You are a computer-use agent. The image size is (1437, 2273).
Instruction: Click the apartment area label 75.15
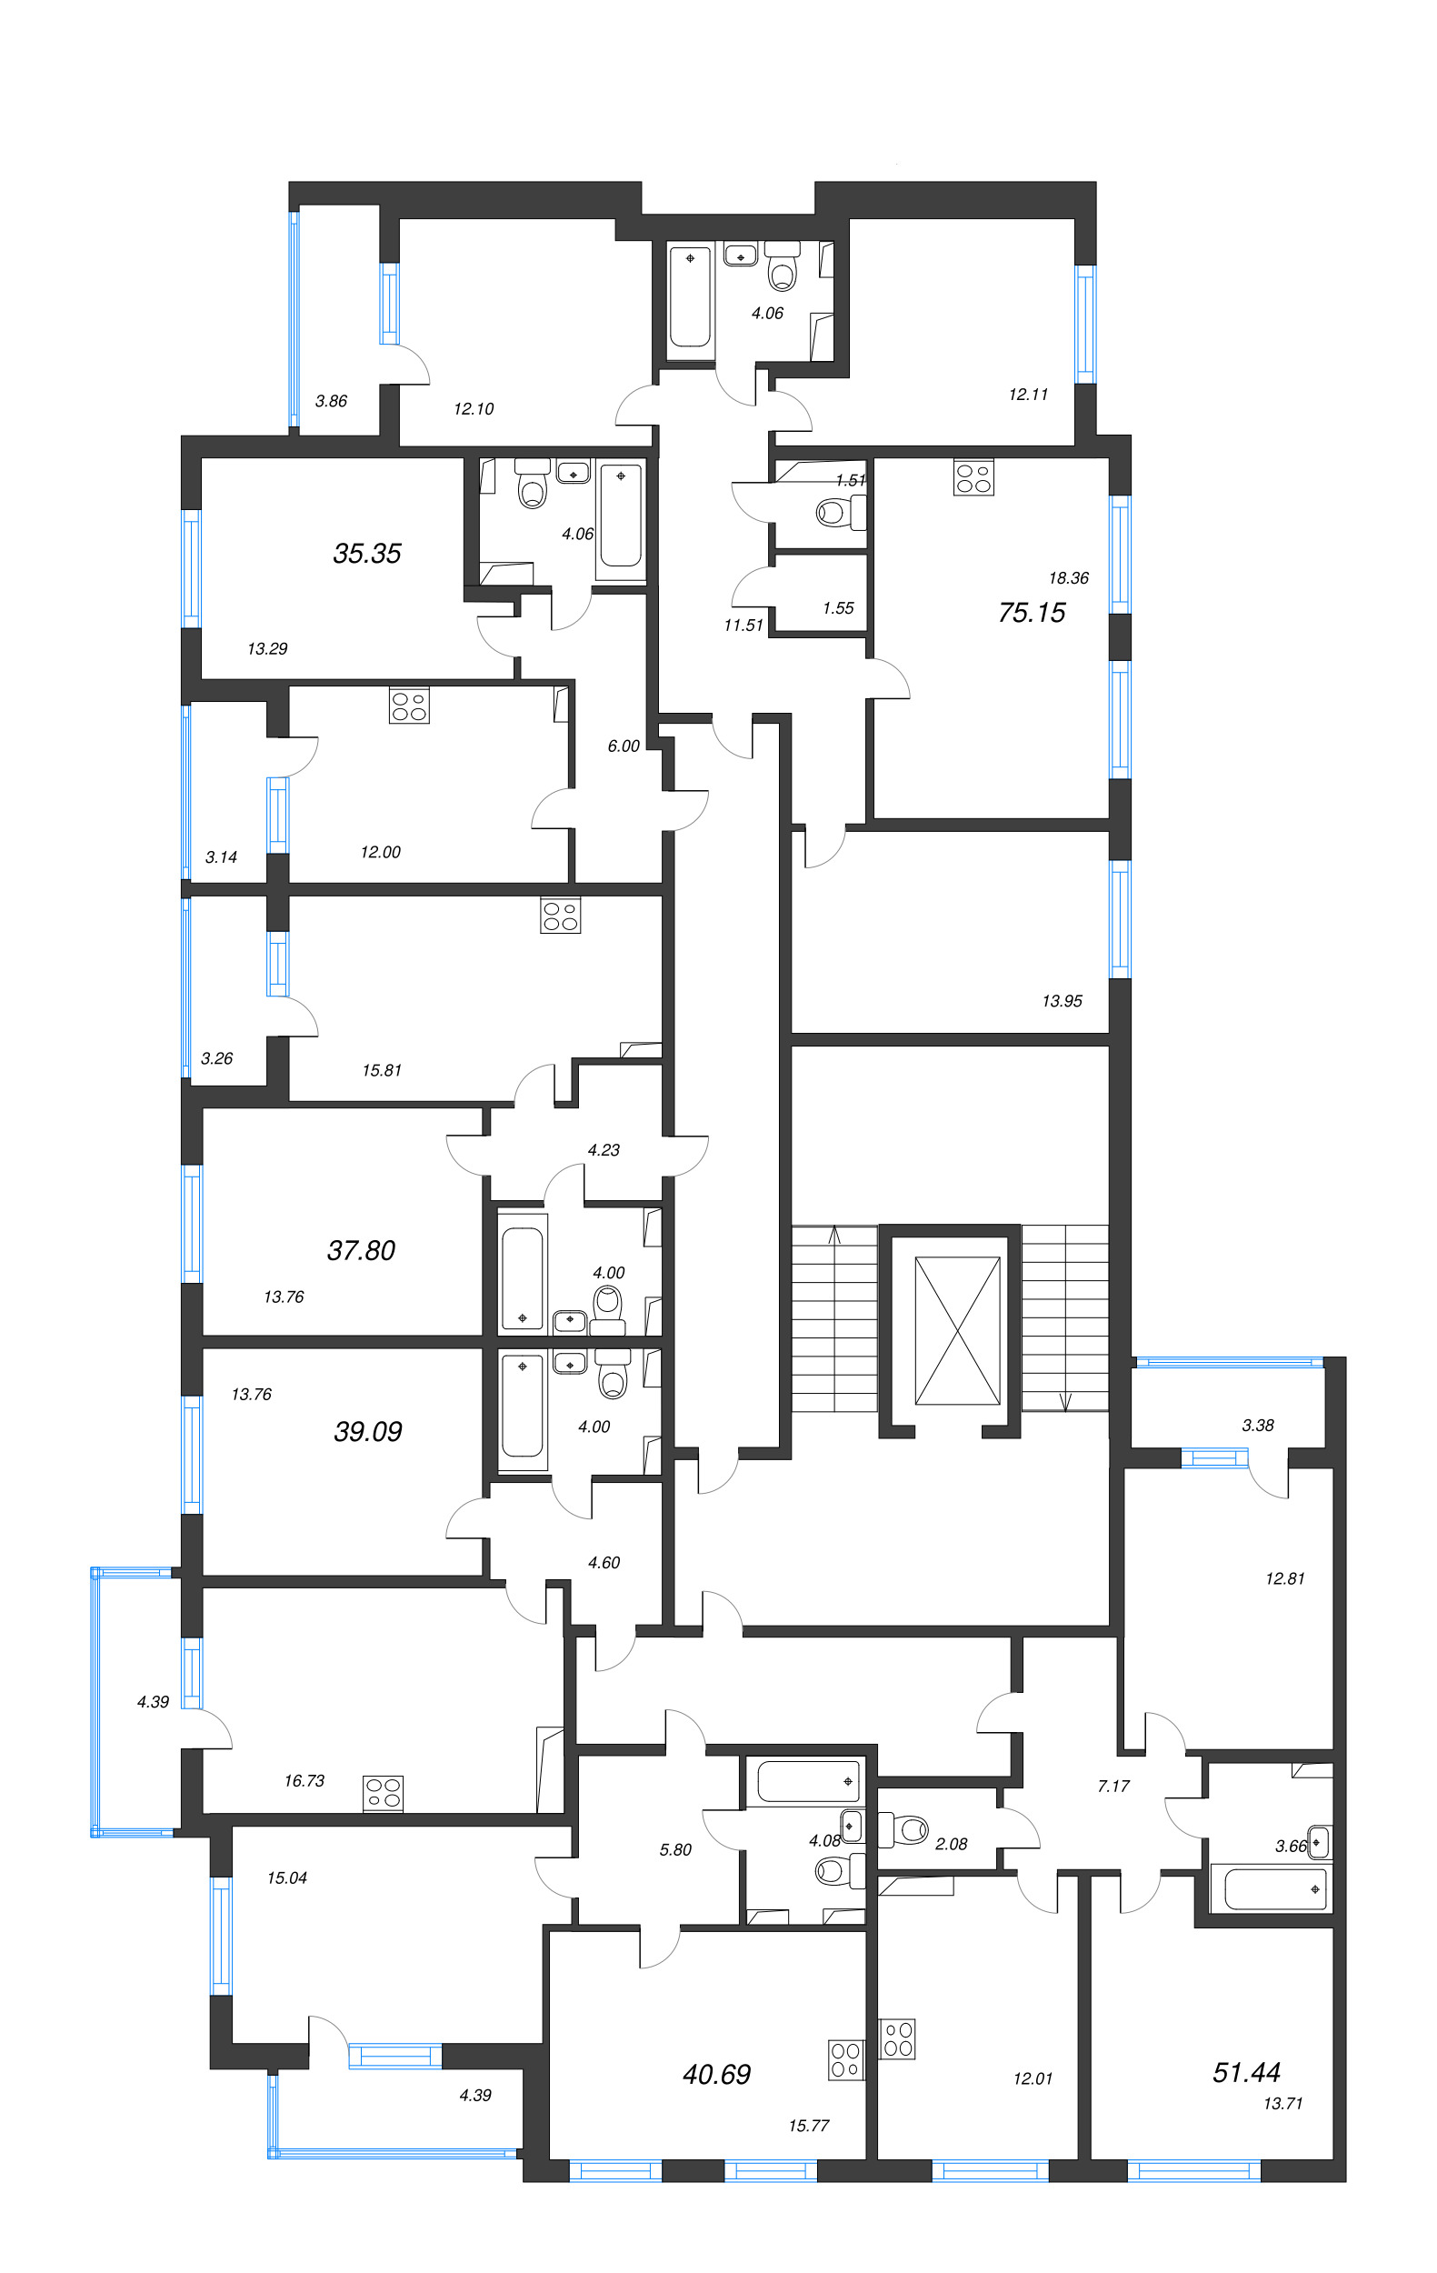(x=1032, y=613)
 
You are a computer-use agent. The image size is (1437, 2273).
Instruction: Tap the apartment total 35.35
(x=367, y=553)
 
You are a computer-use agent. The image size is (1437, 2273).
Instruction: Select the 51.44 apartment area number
(x=1246, y=2072)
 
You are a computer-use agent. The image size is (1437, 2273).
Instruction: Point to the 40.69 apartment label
(x=717, y=2074)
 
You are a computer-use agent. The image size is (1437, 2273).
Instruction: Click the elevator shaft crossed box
(x=957, y=1330)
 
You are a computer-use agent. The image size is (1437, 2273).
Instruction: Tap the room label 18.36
(x=1068, y=577)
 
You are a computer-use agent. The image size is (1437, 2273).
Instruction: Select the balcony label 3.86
(x=331, y=400)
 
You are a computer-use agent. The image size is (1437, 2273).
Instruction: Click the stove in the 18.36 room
(x=973, y=476)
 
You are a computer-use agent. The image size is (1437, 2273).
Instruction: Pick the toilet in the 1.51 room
(x=839, y=513)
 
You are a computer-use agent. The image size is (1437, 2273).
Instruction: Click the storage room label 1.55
(x=838, y=608)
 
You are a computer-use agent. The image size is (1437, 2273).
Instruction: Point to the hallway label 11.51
(x=743, y=625)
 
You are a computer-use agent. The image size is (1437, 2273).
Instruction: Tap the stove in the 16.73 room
(x=384, y=1793)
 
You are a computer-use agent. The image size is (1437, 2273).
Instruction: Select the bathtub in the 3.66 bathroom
(x=1273, y=1888)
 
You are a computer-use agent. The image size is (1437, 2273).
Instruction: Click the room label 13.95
(x=1063, y=1000)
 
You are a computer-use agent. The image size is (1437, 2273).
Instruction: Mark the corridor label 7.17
(x=1113, y=1786)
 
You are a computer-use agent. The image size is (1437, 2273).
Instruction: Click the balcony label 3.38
(x=1258, y=1426)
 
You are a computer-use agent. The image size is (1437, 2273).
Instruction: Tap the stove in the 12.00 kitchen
(x=410, y=706)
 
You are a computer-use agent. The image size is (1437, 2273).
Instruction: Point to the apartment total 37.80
(x=362, y=1251)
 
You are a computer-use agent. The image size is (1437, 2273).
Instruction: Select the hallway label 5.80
(x=675, y=1850)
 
